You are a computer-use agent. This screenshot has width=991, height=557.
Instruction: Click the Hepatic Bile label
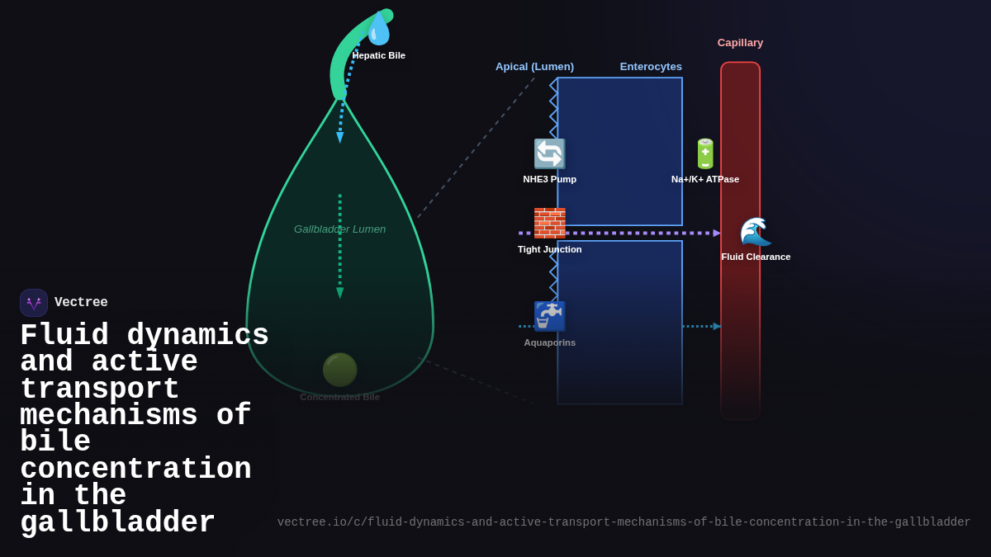pyautogui.click(x=379, y=55)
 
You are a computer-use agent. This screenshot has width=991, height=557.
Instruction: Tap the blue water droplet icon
pyautogui.click(x=378, y=29)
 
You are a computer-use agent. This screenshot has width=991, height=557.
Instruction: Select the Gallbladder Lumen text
pyautogui.click(x=339, y=229)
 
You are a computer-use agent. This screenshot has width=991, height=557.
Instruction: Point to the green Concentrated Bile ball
pyautogui.click(x=339, y=370)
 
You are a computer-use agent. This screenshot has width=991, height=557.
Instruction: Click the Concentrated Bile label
pyautogui.click(x=339, y=397)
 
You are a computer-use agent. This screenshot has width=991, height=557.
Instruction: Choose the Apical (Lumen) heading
pyautogui.click(x=534, y=66)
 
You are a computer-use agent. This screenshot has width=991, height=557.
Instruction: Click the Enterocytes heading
pyautogui.click(x=651, y=66)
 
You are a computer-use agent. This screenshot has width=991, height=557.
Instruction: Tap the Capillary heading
pyautogui.click(x=740, y=42)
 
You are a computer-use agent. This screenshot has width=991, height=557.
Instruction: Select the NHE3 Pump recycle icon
pyautogui.click(x=549, y=154)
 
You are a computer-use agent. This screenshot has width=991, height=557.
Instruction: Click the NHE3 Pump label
pyautogui.click(x=549, y=179)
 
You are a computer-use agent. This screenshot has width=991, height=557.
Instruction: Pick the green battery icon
pyautogui.click(x=705, y=154)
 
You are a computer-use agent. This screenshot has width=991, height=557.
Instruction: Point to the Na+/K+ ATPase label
pyautogui.click(x=705, y=179)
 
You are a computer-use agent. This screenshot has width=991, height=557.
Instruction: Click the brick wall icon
pyautogui.click(x=549, y=223)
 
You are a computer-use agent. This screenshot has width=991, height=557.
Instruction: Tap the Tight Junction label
pyautogui.click(x=549, y=249)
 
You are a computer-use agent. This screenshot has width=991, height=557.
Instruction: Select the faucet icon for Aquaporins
pyautogui.click(x=549, y=316)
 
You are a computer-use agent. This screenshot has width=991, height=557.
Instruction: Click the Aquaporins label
pyautogui.click(x=549, y=342)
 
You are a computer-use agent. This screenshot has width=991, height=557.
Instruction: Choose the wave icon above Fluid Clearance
pyautogui.click(x=755, y=232)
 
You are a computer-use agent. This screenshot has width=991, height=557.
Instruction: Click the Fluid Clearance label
pyautogui.click(x=756, y=257)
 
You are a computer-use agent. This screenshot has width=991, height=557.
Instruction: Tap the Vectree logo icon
pyautogui.click(x=34, y=303)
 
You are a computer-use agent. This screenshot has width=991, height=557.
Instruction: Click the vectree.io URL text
pyautogui.click(x=624, y=522)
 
